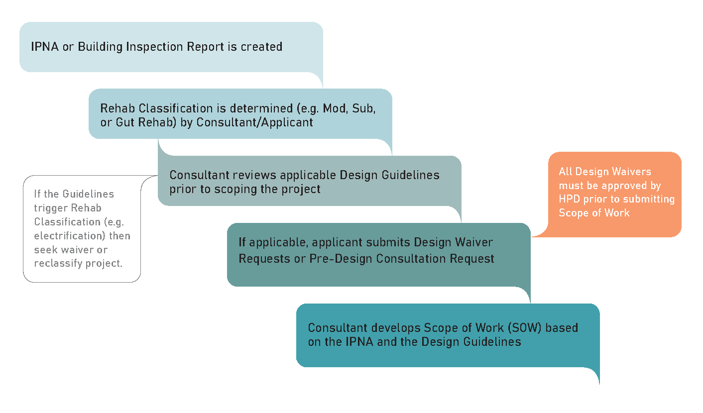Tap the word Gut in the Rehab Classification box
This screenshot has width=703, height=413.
click(123, 122)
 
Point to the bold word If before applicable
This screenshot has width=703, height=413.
click(242, 242)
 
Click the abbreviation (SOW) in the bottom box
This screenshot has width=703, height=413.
click(506, 328)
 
